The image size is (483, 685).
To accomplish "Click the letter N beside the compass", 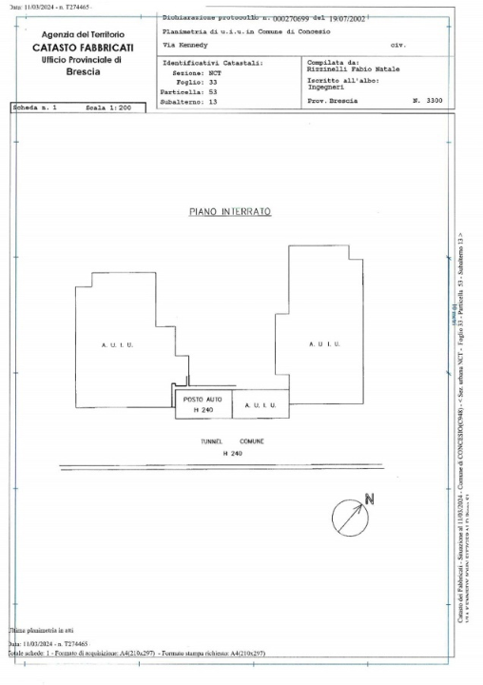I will (x=370, y=499).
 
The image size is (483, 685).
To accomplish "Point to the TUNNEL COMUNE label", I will (x=232, y=442).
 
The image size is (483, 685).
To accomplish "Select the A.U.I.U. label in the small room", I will (x=260, y=406).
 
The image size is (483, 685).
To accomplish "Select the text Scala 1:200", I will (x=109, y=109).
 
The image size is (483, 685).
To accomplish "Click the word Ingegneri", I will (x=328, y=87).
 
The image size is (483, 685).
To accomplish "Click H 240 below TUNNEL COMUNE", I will (x=232, y=454).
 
